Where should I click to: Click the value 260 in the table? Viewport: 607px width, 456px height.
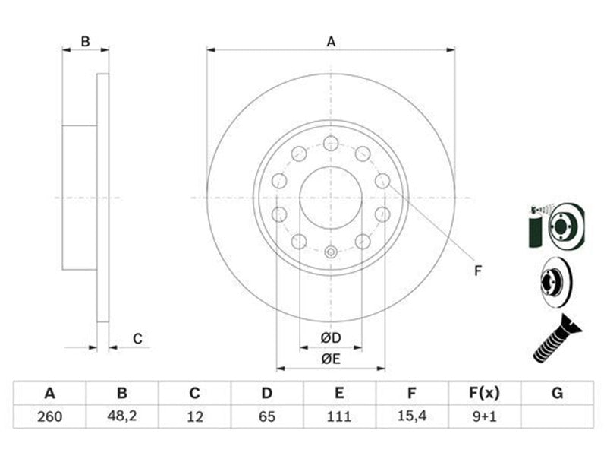click(49, 416)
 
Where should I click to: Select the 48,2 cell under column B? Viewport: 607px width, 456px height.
click(122, 416)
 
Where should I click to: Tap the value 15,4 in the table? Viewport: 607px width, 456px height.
click(412, 416)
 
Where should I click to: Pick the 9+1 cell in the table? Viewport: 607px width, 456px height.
click(484, 416)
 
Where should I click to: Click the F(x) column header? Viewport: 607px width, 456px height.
click(484, 393)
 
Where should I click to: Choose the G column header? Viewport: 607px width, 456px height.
click(557, 393)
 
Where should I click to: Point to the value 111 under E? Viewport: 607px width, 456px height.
click(339, 416)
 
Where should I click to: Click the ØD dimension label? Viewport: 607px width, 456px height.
click(331, 338)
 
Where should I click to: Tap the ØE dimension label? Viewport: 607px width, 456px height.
click(331, 359)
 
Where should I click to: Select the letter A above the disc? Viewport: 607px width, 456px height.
click(331, 42)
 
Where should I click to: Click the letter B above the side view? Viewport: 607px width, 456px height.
click(85, 42)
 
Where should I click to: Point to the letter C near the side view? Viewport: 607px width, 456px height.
click(137, 338)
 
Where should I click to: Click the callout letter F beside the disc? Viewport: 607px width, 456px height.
click(478, 271)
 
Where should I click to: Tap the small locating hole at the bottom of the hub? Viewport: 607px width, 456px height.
click(331, 252)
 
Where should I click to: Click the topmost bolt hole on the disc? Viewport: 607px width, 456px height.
click(331, 144)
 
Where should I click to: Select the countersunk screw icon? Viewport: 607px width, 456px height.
click(557, 339)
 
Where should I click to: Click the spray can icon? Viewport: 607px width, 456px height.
click(536, 227)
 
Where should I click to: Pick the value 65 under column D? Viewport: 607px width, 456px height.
click(267, 416)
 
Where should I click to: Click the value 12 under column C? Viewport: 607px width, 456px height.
click(195, 416)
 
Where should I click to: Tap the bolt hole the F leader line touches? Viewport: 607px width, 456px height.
click(382, 181)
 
